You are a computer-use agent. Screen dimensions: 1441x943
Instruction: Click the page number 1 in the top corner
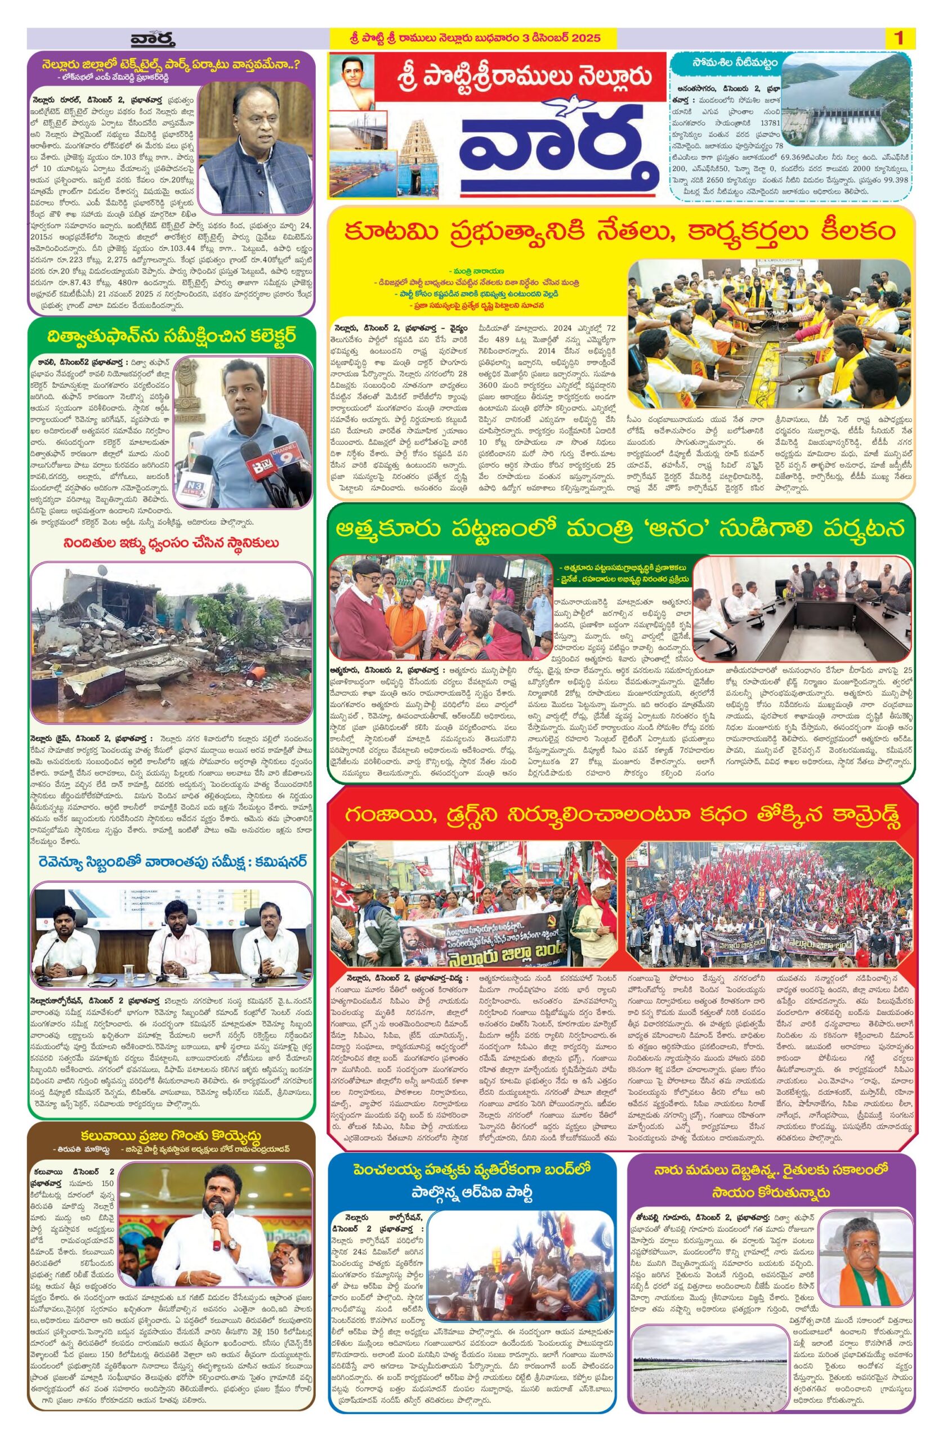(899, 39)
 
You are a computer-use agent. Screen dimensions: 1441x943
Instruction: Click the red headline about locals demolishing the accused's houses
(171, 543)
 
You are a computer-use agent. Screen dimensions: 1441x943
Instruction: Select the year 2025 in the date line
(580, 39)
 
